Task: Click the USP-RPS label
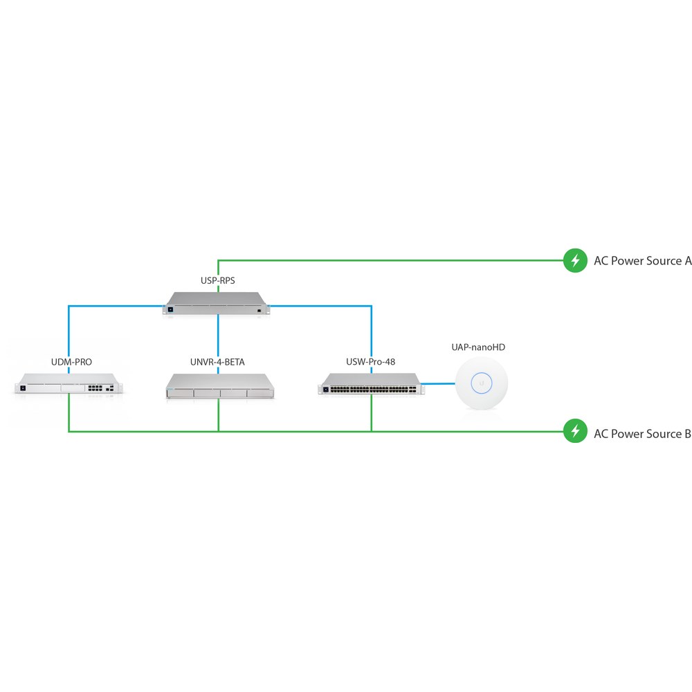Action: point(217,280)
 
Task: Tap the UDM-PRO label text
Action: point(71,362)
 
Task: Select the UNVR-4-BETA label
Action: point(217,362)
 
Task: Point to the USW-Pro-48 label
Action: point(371,361)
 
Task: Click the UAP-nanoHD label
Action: point(478,347)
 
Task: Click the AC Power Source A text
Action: point(643,261)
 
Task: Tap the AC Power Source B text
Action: point(643,434)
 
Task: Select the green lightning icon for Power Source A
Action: point(575,260)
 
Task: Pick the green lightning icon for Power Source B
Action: point(575,430)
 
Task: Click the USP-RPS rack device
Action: point(216,303)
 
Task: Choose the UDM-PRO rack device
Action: point(69,383)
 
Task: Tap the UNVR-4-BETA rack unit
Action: point(220,386)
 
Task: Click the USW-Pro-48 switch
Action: point(371,384)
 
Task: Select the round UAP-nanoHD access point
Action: point(482,383)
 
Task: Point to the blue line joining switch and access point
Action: point(438,383)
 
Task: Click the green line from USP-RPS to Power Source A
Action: point(391,260)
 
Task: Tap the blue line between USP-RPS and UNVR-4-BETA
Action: point(218,344)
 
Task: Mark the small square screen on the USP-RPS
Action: point(170,309)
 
